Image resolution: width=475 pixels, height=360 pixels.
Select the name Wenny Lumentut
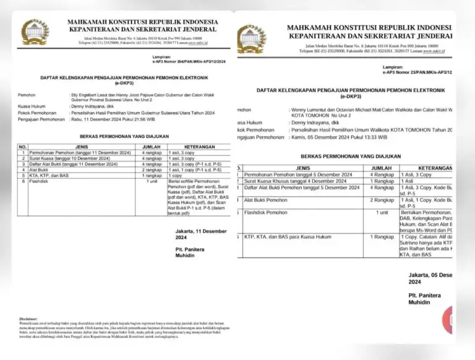[309, 109]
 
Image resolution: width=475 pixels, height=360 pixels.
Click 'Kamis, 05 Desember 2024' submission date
[318, 137]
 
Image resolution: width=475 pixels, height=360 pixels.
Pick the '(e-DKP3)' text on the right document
[350, 97]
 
